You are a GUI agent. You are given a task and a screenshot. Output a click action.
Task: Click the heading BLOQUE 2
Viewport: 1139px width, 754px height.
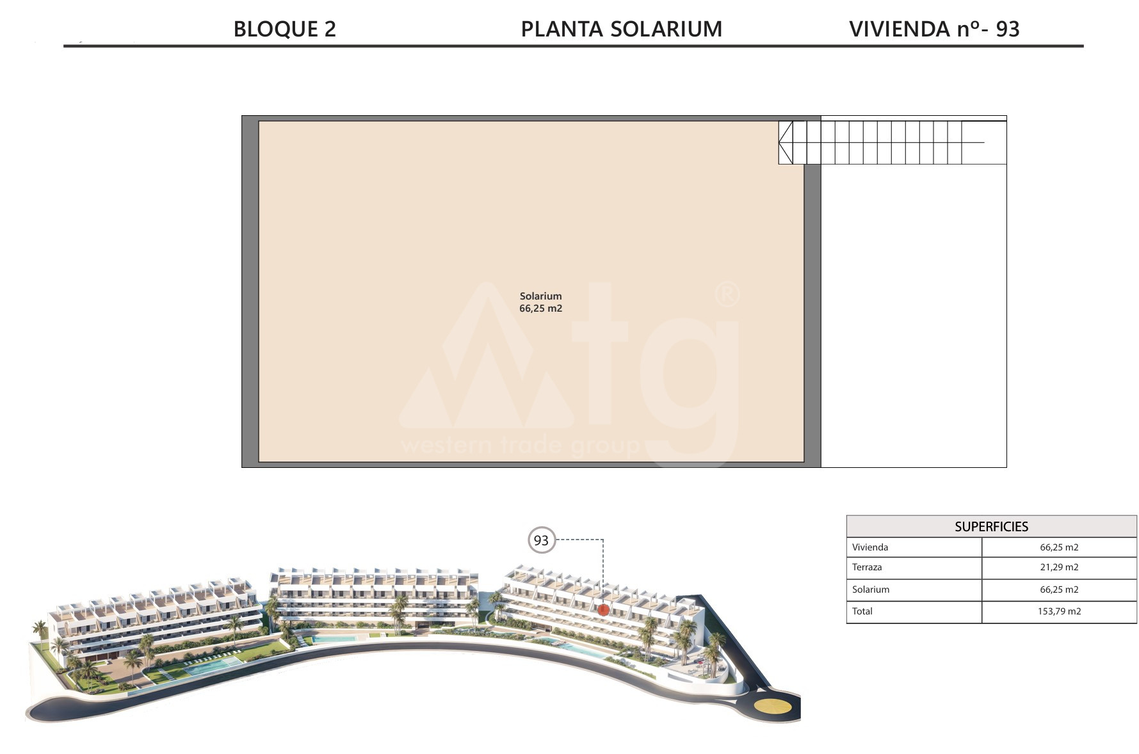(284, 29)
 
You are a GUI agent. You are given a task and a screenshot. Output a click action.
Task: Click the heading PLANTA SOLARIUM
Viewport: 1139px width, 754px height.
(621, 29)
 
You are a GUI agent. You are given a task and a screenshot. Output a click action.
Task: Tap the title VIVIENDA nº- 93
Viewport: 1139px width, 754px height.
(934, 29)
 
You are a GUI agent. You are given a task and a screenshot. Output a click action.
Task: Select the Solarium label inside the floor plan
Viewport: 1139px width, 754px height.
(540, 296)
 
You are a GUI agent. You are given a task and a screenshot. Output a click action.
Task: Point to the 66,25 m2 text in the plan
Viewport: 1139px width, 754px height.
(540, 309)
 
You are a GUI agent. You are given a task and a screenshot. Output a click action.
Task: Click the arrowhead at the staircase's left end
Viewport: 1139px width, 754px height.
(786, 142)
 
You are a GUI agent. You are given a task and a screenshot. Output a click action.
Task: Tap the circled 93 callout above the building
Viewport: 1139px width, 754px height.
(541, 540)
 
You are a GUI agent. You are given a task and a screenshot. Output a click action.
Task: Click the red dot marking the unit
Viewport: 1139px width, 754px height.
(603, 610)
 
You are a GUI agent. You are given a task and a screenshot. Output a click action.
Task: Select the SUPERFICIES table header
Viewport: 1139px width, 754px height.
(991, 527)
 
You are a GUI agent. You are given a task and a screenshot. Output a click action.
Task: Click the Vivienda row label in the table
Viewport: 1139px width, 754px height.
(870, 547)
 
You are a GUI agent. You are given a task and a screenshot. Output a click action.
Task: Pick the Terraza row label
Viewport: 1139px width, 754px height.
(867, 567)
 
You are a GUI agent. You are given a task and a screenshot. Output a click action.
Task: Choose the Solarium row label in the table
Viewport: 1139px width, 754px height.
(871, 590)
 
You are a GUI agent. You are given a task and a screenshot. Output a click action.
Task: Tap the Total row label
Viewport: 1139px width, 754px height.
(862, 611)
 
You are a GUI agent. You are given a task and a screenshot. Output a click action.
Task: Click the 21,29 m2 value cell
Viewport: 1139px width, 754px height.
(1059, 568)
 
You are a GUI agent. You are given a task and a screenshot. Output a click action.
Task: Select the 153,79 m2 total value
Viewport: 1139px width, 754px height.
(1059, 611)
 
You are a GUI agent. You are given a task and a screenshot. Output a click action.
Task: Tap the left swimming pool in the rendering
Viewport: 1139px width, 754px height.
(206, 667)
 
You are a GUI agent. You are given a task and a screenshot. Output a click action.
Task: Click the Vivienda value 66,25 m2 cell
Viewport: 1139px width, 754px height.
(1059, 547)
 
